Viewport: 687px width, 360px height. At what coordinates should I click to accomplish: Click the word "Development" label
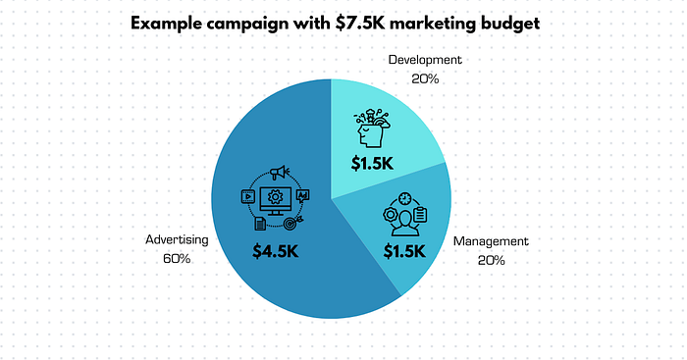point(424,60)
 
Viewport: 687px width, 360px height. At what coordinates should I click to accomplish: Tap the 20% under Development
point(424,78)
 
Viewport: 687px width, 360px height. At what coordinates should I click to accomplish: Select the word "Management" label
point(492,240)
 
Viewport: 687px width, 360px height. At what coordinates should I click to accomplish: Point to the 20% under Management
point(492,260)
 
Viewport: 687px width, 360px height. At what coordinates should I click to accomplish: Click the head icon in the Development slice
point(372,127)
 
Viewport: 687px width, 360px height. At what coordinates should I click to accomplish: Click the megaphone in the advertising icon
point(277,174)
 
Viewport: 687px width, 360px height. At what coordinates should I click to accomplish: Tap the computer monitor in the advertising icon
point(274,198)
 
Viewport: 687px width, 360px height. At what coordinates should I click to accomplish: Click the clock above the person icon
point(404,199)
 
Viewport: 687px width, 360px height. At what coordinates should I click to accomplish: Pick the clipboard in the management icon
point(420,214)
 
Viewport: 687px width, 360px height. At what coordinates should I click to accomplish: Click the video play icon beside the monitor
point(247,195)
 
